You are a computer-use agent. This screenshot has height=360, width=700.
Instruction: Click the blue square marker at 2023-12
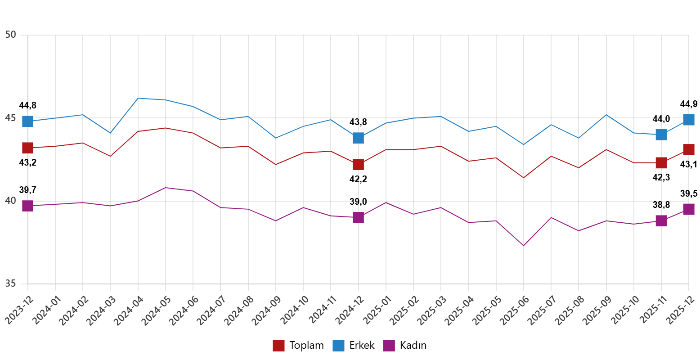[28, 121]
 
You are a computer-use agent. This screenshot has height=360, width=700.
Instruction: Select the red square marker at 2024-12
[358, 164]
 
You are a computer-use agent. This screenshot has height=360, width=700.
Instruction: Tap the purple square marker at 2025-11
[661, 221]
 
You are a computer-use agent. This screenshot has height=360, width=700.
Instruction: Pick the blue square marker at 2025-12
[689, 120]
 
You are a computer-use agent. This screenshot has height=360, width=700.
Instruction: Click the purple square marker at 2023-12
[28, 206]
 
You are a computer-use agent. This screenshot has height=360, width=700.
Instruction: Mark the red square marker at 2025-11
[661, 163]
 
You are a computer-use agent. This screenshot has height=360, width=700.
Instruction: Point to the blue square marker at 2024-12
[358, 138]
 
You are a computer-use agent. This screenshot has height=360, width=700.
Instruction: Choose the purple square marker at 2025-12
[689, 209]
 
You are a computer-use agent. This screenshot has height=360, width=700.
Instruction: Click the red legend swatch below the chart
[278, 346]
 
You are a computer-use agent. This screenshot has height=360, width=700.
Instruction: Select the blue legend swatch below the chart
[338, 346]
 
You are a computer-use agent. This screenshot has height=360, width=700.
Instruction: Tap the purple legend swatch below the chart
[389, 346]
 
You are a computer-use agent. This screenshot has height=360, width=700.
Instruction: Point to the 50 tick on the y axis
[11, 35]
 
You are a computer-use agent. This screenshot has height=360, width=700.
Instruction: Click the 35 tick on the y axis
[11, 283]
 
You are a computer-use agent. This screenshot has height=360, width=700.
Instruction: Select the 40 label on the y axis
[11, 201]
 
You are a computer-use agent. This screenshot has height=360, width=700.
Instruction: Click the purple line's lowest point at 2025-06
[523, 246]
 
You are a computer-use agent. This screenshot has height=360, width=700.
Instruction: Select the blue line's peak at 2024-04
[138, 98]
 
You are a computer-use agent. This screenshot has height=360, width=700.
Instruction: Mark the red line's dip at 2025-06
[523, 178]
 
